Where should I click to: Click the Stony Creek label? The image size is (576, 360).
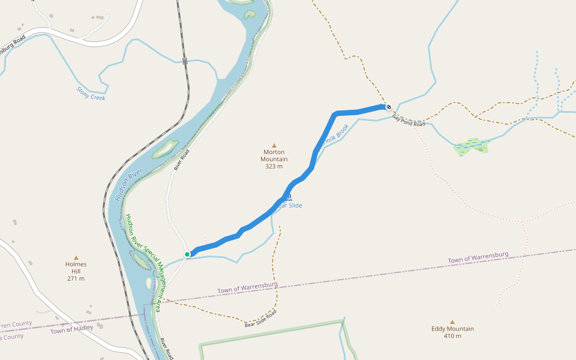click(91, 93)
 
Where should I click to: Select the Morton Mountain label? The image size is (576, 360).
click(274, 155)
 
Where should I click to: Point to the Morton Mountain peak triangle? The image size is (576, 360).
click(274, 145)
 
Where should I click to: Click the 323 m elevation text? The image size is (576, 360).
click(274, 166)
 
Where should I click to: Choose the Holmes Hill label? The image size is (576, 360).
click(76, 268)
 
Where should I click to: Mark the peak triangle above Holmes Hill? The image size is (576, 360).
click(76, 257)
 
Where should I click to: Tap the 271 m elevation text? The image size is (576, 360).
click(76, 278)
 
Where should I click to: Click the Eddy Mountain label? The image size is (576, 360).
click(452, 328)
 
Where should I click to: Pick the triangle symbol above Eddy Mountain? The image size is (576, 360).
click(452, 322)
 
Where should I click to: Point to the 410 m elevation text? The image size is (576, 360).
click(452, 336)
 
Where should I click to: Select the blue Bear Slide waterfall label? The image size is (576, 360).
click(288, 206)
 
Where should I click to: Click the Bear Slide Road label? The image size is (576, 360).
click(261, 320)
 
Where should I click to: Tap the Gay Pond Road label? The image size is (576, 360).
click(409, 120)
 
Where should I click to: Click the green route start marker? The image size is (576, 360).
click(187, 254)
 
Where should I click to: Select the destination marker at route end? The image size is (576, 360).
click(389, 107)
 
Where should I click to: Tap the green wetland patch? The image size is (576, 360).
click(472, 146)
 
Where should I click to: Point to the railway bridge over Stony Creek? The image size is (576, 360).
click(185, 61)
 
